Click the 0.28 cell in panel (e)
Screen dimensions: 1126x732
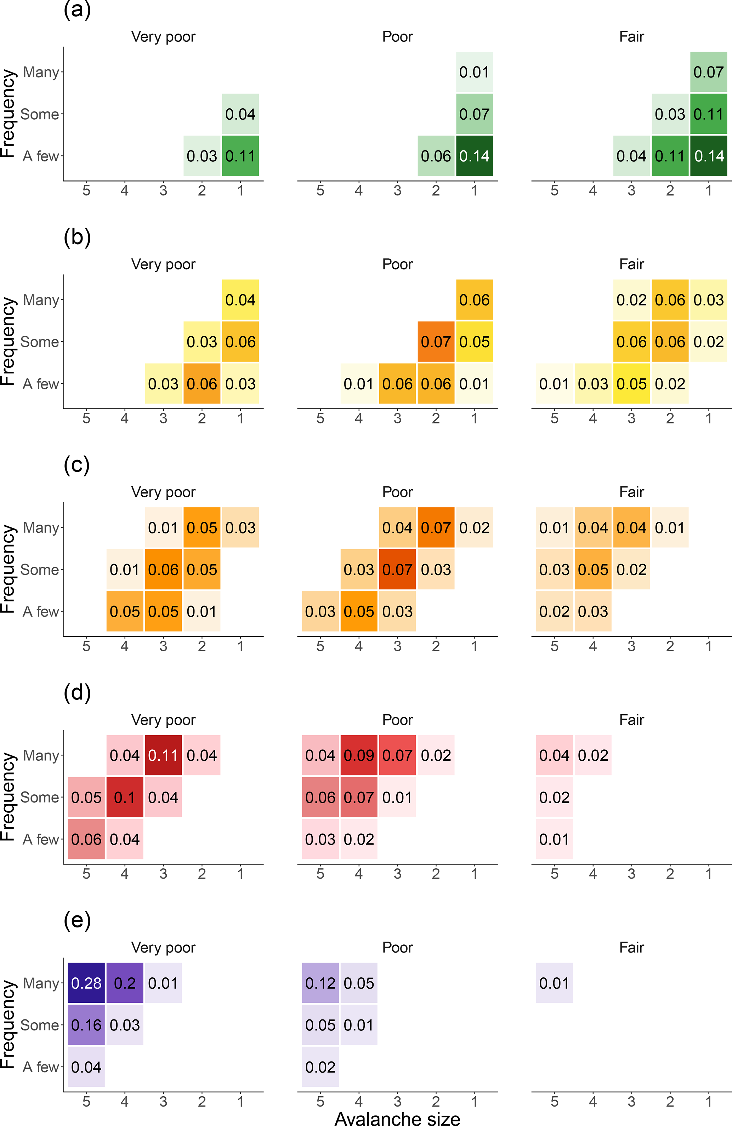click(86, 983)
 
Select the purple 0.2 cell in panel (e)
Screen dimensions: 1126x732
click(124, 983)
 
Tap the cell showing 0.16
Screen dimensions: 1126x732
click(86, 1025)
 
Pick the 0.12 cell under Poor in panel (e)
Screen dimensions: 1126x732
click(320, 983)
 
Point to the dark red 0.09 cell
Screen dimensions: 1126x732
click(359, 755)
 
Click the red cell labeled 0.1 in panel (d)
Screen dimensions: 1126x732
click(124, 797)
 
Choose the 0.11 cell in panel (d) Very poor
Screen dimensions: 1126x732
click(163, 755)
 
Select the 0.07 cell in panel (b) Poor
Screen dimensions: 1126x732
click(436, 342)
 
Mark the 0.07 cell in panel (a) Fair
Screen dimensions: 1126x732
click(708, 72)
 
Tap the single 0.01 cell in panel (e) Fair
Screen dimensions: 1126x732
click(554, 983)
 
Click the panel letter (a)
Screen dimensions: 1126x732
click(77, 10)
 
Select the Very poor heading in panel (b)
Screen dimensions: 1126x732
click(163, 264)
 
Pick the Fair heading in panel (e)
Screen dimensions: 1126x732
click(632, 947)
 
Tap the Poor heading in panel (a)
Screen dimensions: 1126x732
click(397, 36)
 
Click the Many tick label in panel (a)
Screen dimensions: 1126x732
click(41, 72)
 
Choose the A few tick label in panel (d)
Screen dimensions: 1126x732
click(41, 839)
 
